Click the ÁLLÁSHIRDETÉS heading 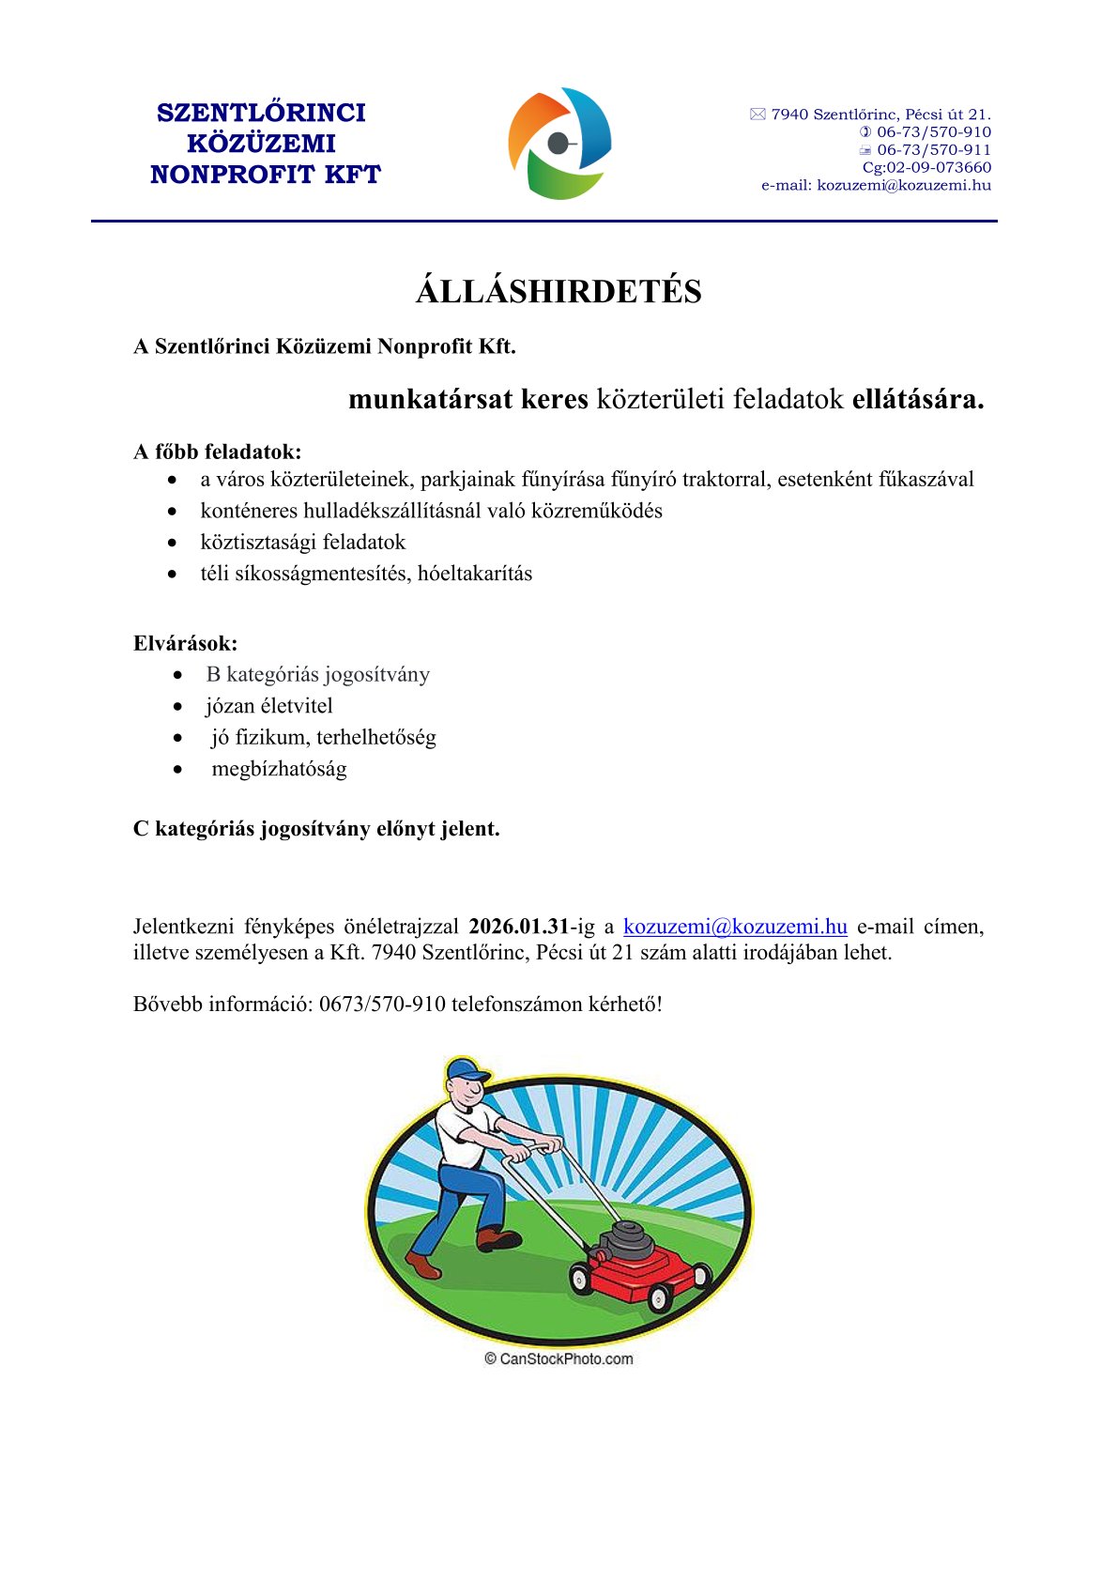pyautogui.click(x=558, y=292)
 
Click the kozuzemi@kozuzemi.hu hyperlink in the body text pyautogui.click(x=735, y=927)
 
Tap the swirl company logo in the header pyautogui.click(x=559, y=144)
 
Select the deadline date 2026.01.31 pyautogui.click(x=519, y=927)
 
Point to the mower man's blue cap pyautogui.click(x=467, y=1070)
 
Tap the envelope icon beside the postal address pyautogui.click(x=757, y=115)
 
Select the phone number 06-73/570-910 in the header pyautogui.click(x=934, y=132)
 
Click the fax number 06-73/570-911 pyautogui.click(x=934, y=150)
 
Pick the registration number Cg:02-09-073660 pyautogui.click(x=926, y=168)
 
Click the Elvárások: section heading pyautogui.click(x=186, y=644)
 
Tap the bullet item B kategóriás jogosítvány pyautogui.click(x=318, y=675)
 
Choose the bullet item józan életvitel pyautogui.click(x=269, y=706)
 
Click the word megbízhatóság pyautogui.click(x=279, y=769)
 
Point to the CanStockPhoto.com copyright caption pyautogui.click(x=558, y=1358)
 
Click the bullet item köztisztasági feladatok pyautogui.click(x=303, y=543)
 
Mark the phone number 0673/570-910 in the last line pyautogui.click(x=382, y=1004)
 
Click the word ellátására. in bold pyautogui.click(x=918, y=400)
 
